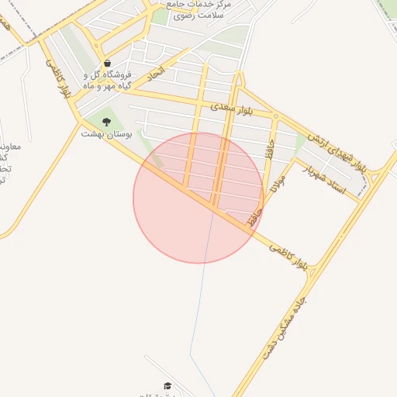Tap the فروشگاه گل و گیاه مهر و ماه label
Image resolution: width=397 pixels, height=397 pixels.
click(109, 81)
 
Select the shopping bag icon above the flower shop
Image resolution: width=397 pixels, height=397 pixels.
click(107, 63)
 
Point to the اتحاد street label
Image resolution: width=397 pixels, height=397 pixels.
click(157, 75)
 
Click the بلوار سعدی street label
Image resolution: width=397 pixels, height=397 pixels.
click(233, 108)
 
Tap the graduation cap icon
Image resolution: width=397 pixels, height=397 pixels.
click(167, 385)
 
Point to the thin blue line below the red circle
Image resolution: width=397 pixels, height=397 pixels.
click(203, 310)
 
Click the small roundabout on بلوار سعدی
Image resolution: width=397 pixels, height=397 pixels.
click(276, 116)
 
